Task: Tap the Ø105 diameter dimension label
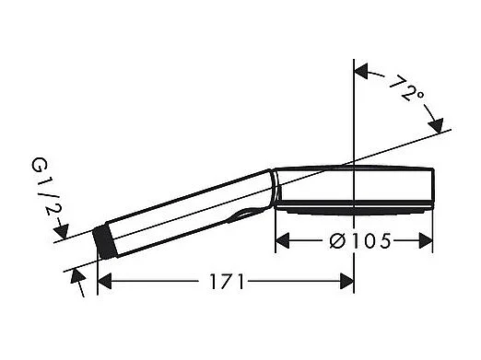click(355, 241)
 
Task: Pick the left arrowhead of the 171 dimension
click(104, 282)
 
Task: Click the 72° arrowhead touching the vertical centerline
click(362, 70)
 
